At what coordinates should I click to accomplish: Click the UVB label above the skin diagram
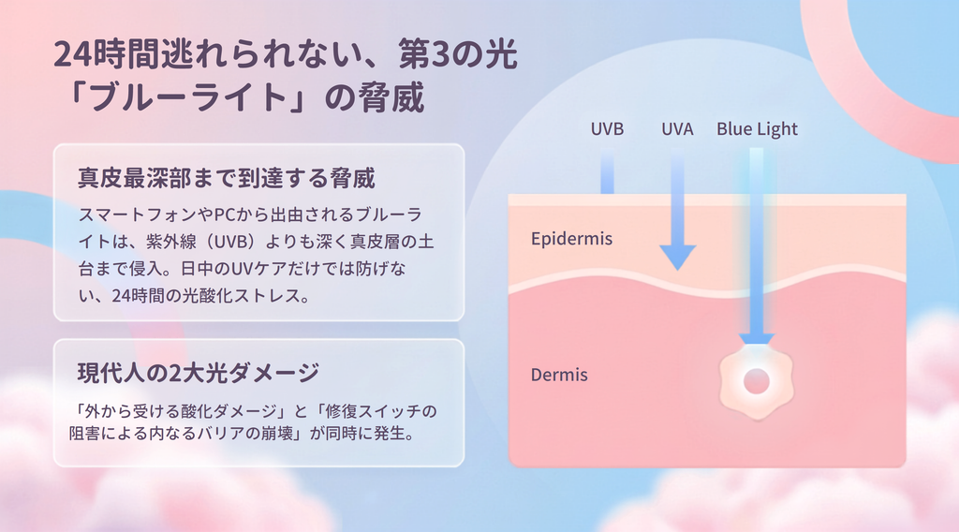(x=607, y=129)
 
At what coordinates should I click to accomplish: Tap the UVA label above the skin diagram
(x=677, y=129)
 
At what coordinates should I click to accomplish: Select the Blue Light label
(x=757, y=129)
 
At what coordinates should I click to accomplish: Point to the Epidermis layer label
(x=571, y=239)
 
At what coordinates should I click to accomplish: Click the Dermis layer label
(x=559, y=375)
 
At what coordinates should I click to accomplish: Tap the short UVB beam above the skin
(x=607, y=171)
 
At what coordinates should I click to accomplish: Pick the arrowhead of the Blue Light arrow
(x=757, y=339)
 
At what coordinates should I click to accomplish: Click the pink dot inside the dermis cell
(x=757, y=381)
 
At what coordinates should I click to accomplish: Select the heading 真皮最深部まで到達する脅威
(x=227, y=178)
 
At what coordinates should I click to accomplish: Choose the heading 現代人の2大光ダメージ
(x=199, y=373)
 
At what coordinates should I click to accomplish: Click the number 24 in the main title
(x=73, y=55)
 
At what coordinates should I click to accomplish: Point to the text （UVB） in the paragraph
(x=230, y=242)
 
